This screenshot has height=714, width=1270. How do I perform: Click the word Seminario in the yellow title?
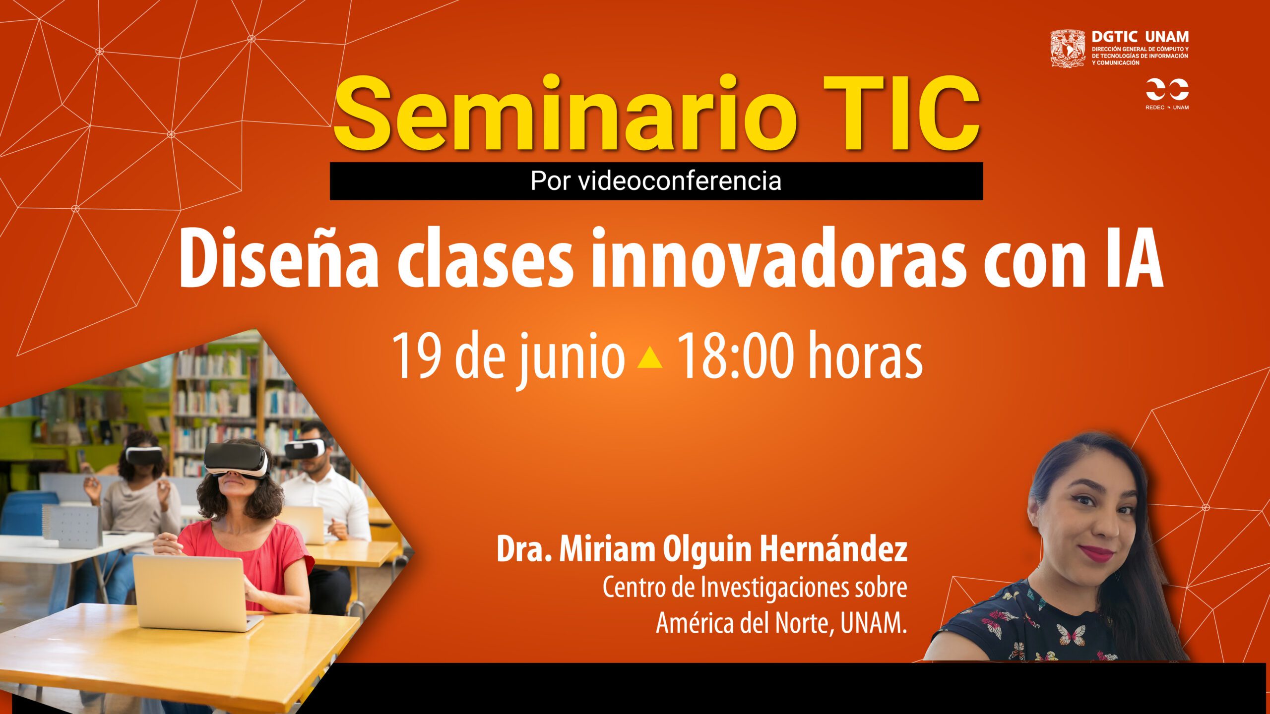[565, 115]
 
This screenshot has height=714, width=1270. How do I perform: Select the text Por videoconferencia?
[656, 181]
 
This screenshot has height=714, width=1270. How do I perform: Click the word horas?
[865, 355]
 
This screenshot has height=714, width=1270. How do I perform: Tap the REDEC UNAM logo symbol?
[1167, 89]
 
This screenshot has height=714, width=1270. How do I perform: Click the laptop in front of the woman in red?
[196, 593]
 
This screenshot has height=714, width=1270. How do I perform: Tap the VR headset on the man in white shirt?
[304, 449]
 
